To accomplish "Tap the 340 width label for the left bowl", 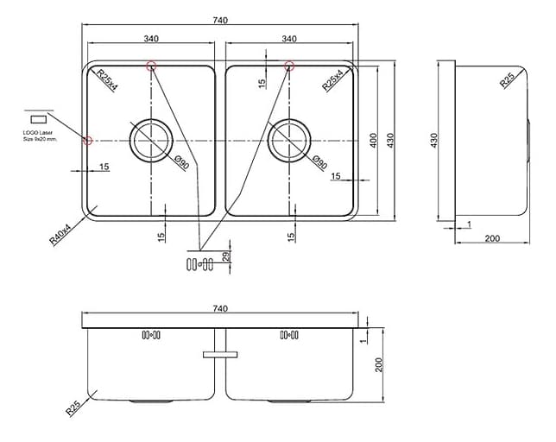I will click(x=151, y=38).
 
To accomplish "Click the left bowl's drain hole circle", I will click(x=151, y=139).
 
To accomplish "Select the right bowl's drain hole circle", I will click(x=289, y=139).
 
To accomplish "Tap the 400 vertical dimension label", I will click(x=373, y=139).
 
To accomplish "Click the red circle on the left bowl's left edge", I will click(x=87, y=140).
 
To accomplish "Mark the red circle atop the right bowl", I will click(x=289, y=65).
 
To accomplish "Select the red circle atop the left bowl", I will click(x=151, y=65).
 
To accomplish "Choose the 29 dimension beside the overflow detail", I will click(x=226, y=257).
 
